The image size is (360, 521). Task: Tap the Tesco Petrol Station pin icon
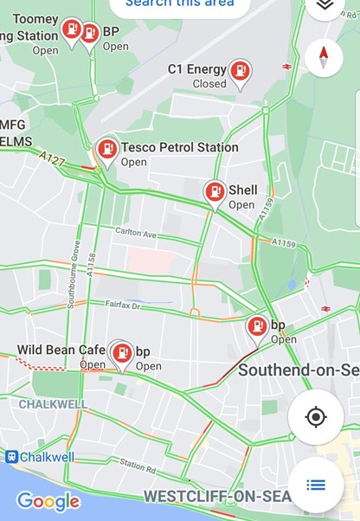(x=106, y=150)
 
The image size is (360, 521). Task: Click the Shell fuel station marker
(x=215, y=192)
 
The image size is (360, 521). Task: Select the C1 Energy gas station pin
(x=241, y=72)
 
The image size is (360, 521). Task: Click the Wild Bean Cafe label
(x=61, y=350)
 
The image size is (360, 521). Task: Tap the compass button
(x=325, y=58)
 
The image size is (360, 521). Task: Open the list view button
(x=316, y=484)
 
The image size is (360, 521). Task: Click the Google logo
(x=48, y=501)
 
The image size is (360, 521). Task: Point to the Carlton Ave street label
(x=136, y=234)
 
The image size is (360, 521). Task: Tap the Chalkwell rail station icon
(x=11, y=456)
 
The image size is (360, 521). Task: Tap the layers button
(x=325, y=5)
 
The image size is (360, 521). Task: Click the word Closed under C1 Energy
(x=209, y=84)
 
